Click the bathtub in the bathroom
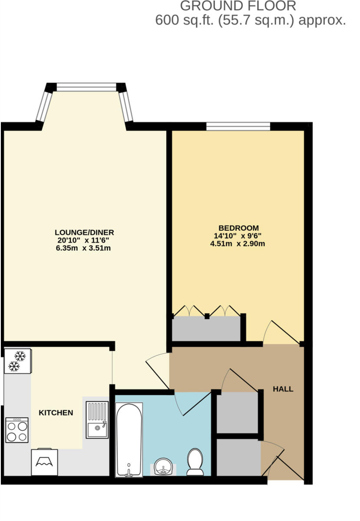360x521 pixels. (x=129, y=439)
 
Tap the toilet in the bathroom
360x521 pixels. (x=195, y=462)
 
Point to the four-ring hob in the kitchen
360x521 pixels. (x=17, y=430)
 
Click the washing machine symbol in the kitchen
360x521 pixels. (x=44, y=462)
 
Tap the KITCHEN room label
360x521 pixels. (x=56, y=413)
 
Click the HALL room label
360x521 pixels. (x=283, y=389)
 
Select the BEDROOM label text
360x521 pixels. (x=238, y=228)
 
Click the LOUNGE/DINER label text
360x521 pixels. (x=84, y=232)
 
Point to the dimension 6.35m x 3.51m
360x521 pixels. (x=84, y=248)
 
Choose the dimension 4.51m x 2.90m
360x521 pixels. (x=238, y=244)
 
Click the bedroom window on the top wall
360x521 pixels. (x=238, y=126)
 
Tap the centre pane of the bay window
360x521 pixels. (x=86, y=87)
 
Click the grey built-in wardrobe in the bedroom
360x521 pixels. (x=206, y=329)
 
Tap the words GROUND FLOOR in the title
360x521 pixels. (x=238, y=6)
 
